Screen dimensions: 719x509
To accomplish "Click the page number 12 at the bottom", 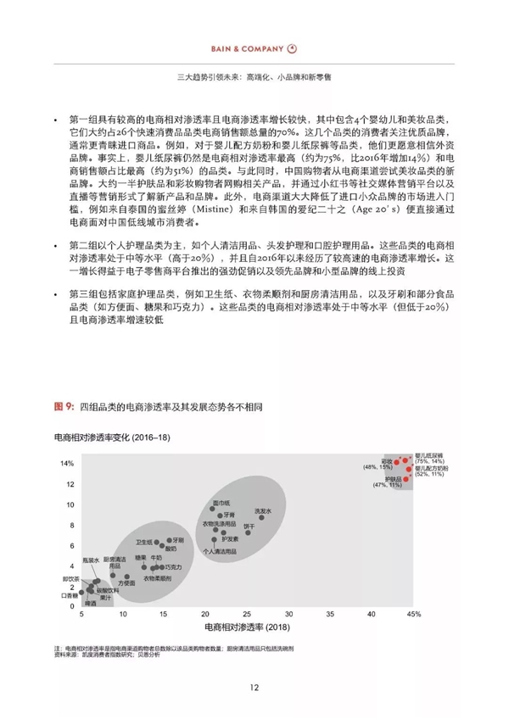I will coord(254,686).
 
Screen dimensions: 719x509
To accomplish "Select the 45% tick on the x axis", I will coord(413,612).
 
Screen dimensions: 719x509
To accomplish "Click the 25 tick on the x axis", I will coord(247,612).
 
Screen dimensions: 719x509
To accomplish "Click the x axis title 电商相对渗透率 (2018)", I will coord(247,627).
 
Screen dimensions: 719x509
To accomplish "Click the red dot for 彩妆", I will coord(395,464).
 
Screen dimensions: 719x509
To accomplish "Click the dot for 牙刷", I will coord(170,540).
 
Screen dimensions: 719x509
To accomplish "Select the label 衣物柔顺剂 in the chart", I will coord(156,577).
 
